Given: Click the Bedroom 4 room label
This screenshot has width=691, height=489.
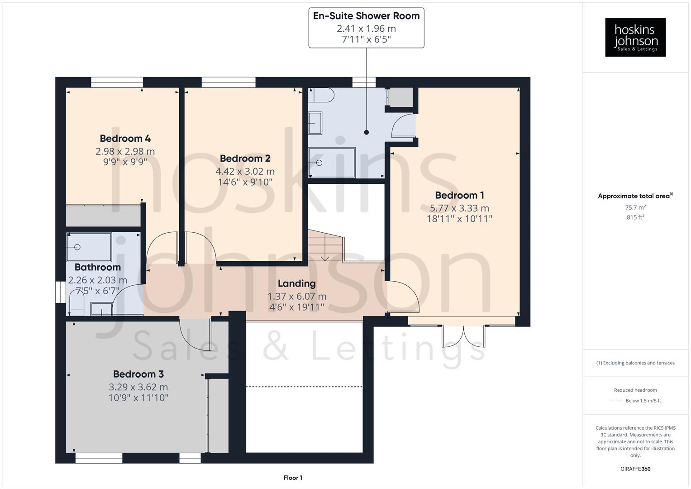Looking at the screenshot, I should tap(125, 139).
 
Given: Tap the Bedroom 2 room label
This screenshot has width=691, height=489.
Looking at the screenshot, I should tap(245, 158).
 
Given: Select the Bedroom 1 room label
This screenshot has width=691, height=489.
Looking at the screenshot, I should tap(459, 195).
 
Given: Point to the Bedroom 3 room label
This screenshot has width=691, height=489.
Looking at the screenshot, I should tap(138, 374).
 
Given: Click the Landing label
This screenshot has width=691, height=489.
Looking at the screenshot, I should tap(296, 283).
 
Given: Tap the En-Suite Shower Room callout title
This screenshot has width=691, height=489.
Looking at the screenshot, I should tap(366, 16).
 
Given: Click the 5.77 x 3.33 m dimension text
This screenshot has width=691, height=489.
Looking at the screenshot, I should tap(459, 208).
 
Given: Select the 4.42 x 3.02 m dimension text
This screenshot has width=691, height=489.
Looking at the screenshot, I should tap(245, 172).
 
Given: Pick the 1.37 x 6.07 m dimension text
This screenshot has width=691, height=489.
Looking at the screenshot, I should tap(296, 297).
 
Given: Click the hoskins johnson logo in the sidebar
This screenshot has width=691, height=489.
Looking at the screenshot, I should tap(635, 37).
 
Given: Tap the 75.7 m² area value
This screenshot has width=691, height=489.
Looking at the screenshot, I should tap(635, 207).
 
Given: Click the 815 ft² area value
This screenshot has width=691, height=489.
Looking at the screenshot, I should tap(635, 217).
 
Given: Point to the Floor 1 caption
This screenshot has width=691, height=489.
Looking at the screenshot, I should tap(293, 478).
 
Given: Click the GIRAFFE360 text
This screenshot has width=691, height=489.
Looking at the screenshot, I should tap(635, 469).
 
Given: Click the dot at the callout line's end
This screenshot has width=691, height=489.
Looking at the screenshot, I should tap(367, 132).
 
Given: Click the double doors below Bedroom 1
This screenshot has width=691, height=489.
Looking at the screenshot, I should tap(463, 336).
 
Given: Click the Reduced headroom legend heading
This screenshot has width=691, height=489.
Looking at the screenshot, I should tap(635, 390).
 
